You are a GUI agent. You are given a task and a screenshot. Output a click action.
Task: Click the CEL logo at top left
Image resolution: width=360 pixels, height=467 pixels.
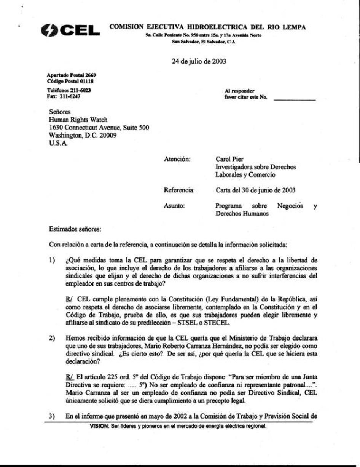[70, 31]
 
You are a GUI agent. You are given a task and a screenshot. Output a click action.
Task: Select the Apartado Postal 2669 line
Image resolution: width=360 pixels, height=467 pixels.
[71, 75]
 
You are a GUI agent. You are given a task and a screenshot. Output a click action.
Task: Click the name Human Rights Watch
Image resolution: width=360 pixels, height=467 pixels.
[78, 120]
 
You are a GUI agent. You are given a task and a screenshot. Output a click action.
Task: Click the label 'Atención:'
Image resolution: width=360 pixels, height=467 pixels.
[177, 159]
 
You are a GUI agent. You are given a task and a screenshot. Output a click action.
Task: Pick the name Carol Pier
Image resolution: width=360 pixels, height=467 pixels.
[229, 159]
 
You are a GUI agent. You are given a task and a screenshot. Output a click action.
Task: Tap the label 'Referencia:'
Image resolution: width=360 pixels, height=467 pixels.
[179, 190]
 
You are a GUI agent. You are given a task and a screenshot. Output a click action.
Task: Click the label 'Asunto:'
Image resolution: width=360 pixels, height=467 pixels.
[174, 206]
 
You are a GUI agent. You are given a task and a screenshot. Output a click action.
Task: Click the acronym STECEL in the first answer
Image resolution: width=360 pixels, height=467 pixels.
[220, 323]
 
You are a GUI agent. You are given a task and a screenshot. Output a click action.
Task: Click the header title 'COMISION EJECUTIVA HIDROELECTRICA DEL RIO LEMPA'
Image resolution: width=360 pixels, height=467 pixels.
[207, 27]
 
